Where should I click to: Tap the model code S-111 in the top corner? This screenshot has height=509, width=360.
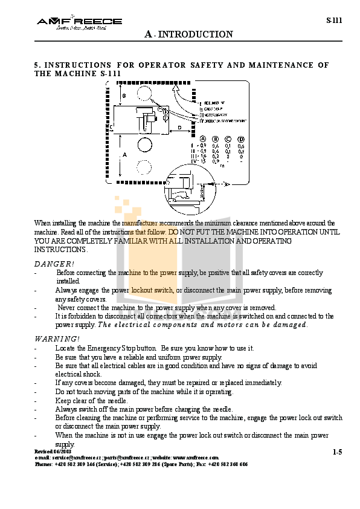[334, 20]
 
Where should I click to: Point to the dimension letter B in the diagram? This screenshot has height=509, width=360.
[124, 96]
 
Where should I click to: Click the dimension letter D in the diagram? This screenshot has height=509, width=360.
[179, 128]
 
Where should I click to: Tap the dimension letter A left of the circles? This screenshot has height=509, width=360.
[124, 155]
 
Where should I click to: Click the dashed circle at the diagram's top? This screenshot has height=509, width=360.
[145, 92]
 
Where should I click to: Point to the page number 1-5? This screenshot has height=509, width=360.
[337, 452]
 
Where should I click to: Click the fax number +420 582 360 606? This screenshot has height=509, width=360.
[228, 464]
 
